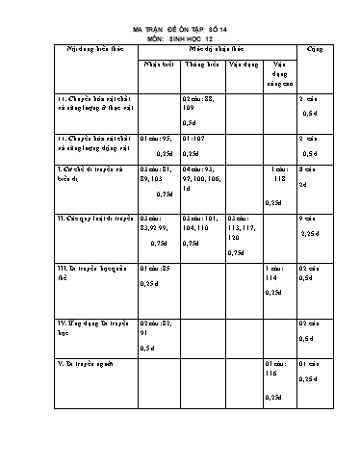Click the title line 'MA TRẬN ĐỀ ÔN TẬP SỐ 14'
point(182,32)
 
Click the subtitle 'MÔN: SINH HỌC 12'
point(182,39)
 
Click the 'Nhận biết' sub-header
point(158,65)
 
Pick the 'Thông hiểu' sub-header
point(201,65)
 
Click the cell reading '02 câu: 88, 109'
point(201,104)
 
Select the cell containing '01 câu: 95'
point(158,143)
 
